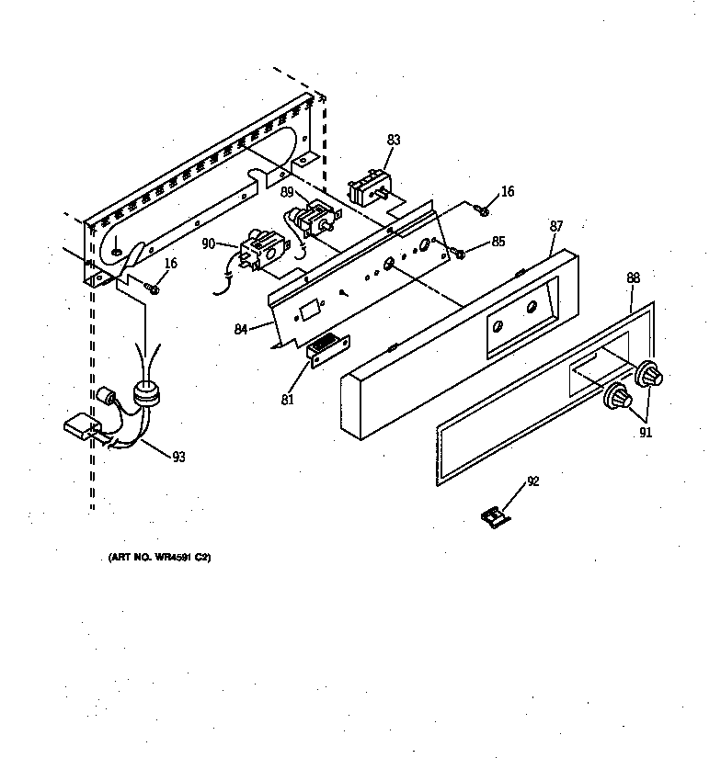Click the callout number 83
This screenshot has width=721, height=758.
coord(394,141)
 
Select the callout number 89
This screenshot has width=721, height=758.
coord(287,193)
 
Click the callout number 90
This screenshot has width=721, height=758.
coord(208,243)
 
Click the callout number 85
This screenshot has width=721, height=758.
coord(498,243)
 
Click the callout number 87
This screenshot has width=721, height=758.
coord(555,225)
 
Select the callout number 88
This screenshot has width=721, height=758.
coord(633,277)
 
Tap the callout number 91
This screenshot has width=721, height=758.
coord(646,433)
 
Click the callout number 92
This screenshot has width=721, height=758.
coord(532,480)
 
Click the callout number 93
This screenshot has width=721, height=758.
coord(177,457)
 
